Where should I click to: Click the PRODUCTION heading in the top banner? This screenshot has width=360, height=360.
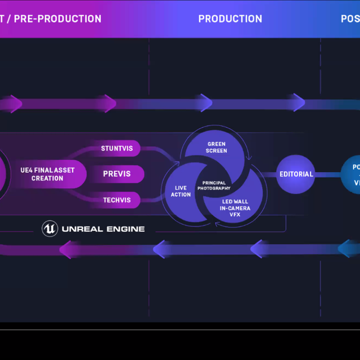pos(230,19)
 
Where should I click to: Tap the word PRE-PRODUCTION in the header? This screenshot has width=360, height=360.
pos(57,19)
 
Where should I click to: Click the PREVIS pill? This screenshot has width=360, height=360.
pos(116,174)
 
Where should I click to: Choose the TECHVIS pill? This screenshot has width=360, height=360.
pos(116,200)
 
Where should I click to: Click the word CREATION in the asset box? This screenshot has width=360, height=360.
pos(47,178)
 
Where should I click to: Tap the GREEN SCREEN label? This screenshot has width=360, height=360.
pos(217,147)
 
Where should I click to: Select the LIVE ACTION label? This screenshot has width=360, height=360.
pos(181,191)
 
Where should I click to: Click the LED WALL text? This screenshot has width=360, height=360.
pos(235,201)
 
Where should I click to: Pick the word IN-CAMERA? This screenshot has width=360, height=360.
pos(235,208)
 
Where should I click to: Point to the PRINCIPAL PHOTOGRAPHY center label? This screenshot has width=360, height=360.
pos(214,185)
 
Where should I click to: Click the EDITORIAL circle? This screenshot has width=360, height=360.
pos(296,174)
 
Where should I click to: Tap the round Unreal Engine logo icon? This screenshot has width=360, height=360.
pos(50,228)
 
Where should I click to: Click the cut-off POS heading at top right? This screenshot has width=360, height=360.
pos(350,19)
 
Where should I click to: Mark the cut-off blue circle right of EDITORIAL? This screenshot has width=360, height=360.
pos(352,174)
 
